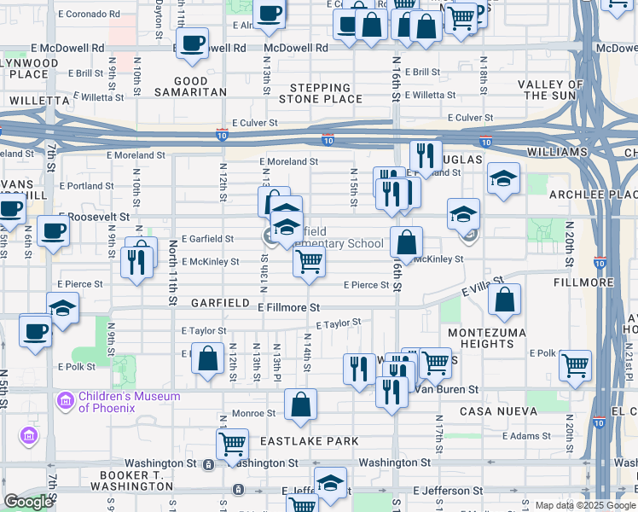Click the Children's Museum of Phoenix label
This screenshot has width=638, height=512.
tap(129, 401)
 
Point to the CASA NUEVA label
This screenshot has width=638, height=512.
tap(498, 411)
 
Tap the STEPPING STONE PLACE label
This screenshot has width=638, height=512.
tap(326, 93)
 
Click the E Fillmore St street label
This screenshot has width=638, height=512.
tap(287, 306)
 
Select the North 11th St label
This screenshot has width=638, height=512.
tap(173, 271)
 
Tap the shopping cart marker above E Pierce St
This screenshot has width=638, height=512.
tap(308, 261)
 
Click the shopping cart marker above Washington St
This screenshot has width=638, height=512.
tap(232, 444)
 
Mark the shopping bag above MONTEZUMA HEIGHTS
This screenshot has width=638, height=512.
tap(505, 298)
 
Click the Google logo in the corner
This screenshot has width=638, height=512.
tap(28, 502)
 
